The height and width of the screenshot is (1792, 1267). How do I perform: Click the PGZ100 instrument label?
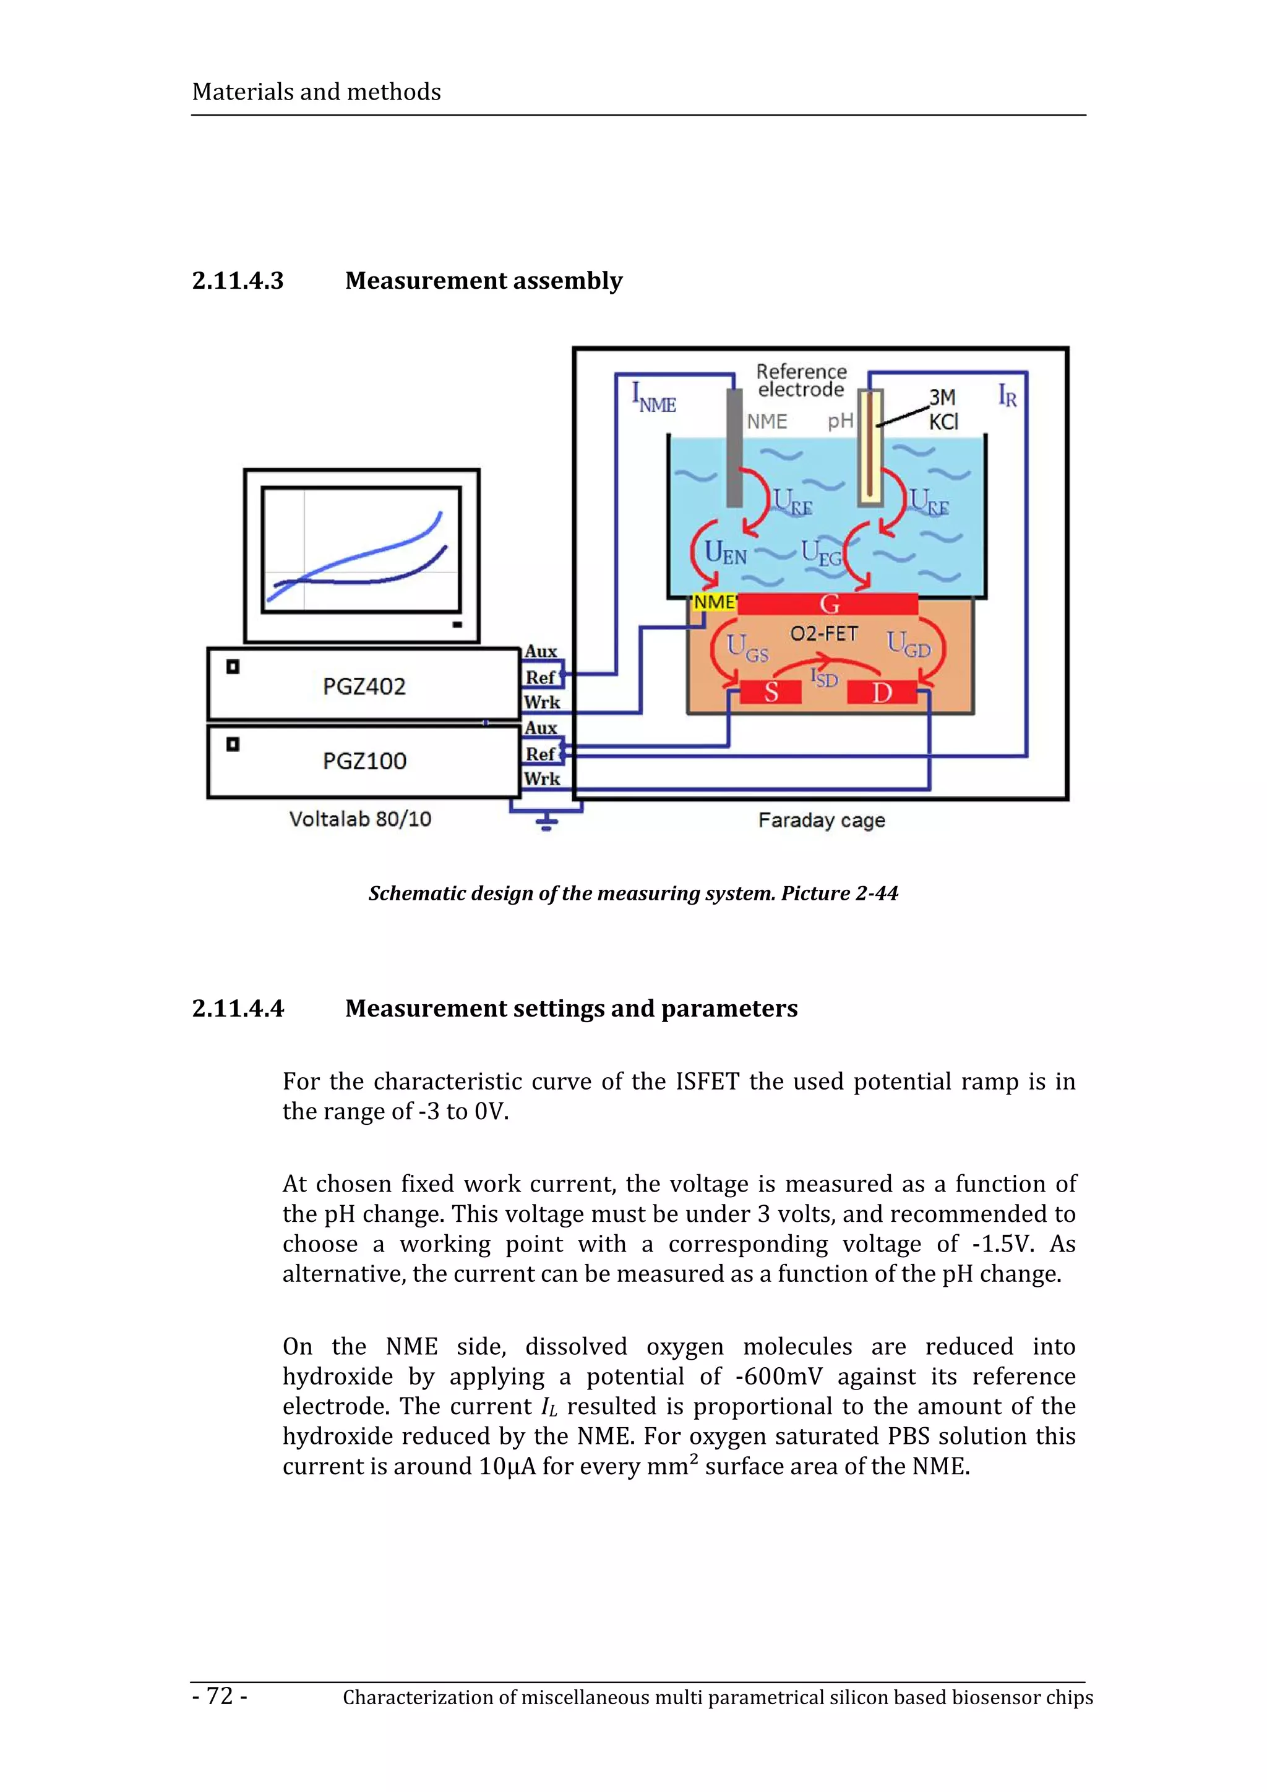point(364,761)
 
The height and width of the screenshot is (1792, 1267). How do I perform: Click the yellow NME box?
point(713,602)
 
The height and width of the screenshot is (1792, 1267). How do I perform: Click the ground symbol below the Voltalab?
point(546,821)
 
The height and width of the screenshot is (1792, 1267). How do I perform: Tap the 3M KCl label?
point(943,410)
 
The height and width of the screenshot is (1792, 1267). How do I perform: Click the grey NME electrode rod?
point(734,449)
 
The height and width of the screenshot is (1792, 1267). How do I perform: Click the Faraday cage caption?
point(821,821)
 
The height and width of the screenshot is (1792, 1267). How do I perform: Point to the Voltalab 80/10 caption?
point(360,819)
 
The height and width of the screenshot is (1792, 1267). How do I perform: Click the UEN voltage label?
point(725,553)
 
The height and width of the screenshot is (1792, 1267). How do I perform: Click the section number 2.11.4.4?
point(238,1009)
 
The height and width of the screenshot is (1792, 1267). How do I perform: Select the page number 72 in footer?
point(220,1696)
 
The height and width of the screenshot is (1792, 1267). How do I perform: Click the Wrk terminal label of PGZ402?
point(542,702)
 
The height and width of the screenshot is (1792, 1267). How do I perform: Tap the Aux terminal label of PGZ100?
point(541,728)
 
